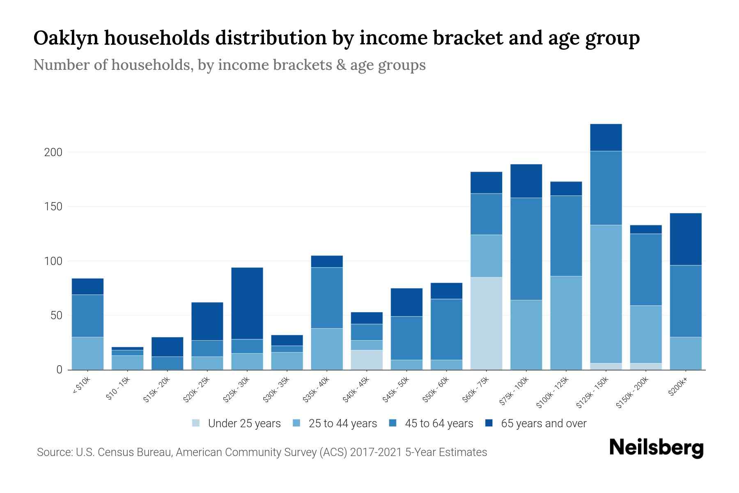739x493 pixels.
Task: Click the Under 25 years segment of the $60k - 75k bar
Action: (x=486, y=323)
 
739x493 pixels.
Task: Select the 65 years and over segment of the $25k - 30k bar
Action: (x=247, y=303)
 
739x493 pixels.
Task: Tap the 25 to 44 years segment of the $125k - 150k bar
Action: (x=606, y=294)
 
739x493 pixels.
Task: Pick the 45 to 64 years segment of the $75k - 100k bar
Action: (x=526, y=249)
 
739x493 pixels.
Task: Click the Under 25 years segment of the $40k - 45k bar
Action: (x=367, y=360)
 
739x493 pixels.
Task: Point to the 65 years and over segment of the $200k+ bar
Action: (x=686, y=239)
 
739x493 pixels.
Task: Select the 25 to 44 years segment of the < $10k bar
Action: (x=87, y=353)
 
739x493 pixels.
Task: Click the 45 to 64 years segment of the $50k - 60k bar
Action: (x=446, y=329)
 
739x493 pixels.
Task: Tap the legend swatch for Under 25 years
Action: (x=196, y=423)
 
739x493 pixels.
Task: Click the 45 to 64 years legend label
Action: (x=439, y=424)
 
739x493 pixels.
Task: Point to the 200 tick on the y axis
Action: (x=53, y=152)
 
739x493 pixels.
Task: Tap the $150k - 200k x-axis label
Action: (x=632, y=392)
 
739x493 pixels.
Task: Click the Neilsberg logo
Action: (x=656, y=448)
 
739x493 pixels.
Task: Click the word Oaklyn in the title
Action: (x=66, y=38)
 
